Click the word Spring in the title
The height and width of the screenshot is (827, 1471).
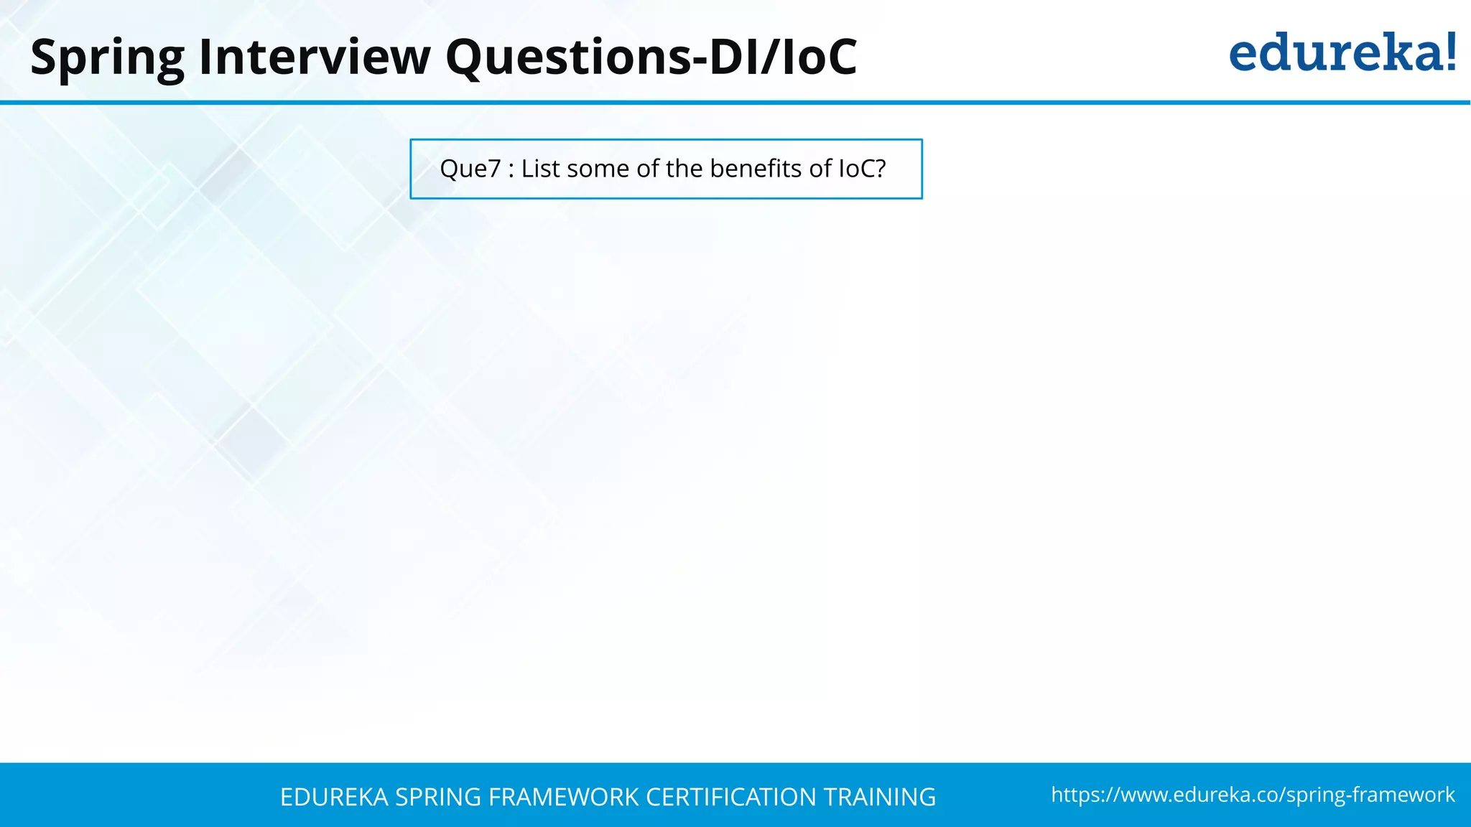tap(108, 57)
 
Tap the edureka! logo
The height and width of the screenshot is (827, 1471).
tap(1342, 53)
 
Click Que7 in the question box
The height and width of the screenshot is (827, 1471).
tap(470, 169)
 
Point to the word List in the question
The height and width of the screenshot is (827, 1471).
tap(540, 169)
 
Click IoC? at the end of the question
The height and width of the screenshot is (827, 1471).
tap(862, 169)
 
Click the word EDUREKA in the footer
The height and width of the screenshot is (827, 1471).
tap(334, 797)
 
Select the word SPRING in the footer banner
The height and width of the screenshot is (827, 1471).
tap(438, 797)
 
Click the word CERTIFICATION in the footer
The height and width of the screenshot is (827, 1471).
tap(730, 797)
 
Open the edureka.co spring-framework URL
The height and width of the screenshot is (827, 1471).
tap(1253, 795)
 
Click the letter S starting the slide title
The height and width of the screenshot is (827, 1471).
tap(43, 57)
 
